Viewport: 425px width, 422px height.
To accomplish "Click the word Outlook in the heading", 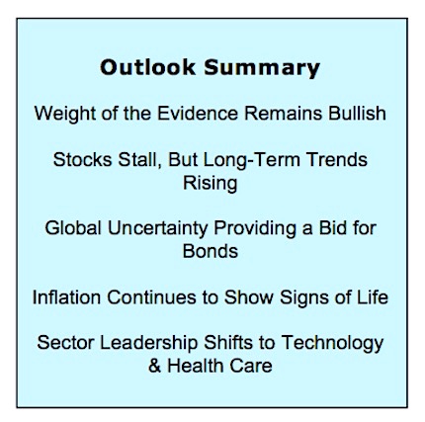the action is tap(147, 67).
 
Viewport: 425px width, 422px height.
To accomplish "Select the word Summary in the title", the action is tap(262, 68).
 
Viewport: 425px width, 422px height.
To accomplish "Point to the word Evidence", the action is tap(197, 114).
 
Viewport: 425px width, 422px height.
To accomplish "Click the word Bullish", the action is tap(357, 114).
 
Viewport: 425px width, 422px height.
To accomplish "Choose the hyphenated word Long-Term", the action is tap(251, 160).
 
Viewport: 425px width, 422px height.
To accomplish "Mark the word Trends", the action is tap(337, 160).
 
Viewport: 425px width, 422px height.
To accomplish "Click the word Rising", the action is tap(211, 184).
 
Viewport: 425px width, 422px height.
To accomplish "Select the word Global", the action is tap(73, 228).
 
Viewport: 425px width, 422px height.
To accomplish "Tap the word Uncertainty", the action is tap(158, 228).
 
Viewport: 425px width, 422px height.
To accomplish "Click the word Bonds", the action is tap(211, 251).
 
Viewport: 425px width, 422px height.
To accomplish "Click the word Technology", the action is tap(332, 343).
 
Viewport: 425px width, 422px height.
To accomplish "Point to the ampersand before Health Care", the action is tap(154, 366).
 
